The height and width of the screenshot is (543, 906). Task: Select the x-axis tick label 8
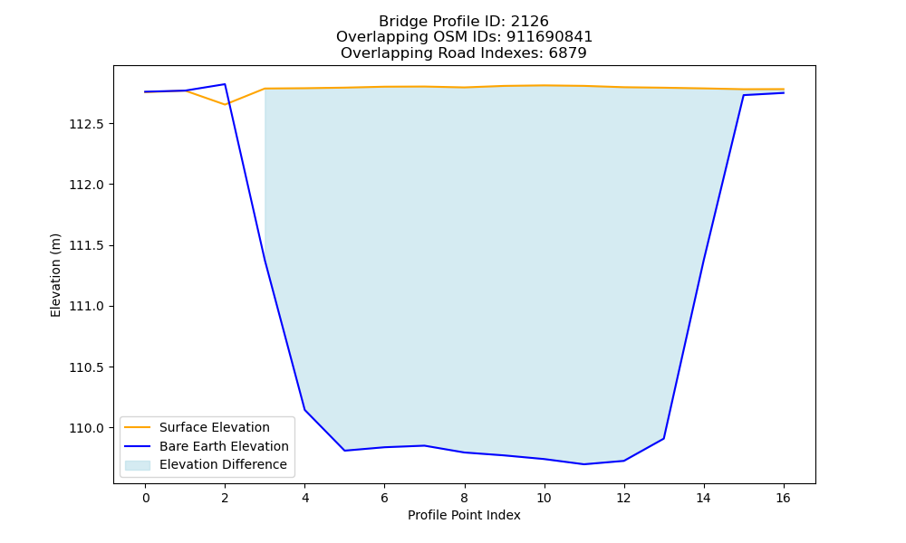[464, 498]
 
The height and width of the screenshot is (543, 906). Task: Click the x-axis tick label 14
[703, 498]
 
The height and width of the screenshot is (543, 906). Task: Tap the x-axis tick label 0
[146, 498]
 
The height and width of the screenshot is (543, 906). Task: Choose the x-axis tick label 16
[783, 498]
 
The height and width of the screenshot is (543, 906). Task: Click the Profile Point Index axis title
[464, 515]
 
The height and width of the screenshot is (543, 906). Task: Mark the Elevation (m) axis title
[55, 275]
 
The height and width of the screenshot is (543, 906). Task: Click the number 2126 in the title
[529, 22]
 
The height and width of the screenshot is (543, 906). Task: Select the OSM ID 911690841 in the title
[550, 37]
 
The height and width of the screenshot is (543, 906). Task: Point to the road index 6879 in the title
[567, 53]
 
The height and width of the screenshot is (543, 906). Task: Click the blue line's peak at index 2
[225, 84]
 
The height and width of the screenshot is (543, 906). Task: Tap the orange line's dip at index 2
[225, 104]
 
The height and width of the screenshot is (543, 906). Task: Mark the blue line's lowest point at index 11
[584, 464]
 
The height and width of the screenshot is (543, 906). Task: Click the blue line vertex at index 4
[304, 410]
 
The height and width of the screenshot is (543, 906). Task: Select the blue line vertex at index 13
[663, 439]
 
